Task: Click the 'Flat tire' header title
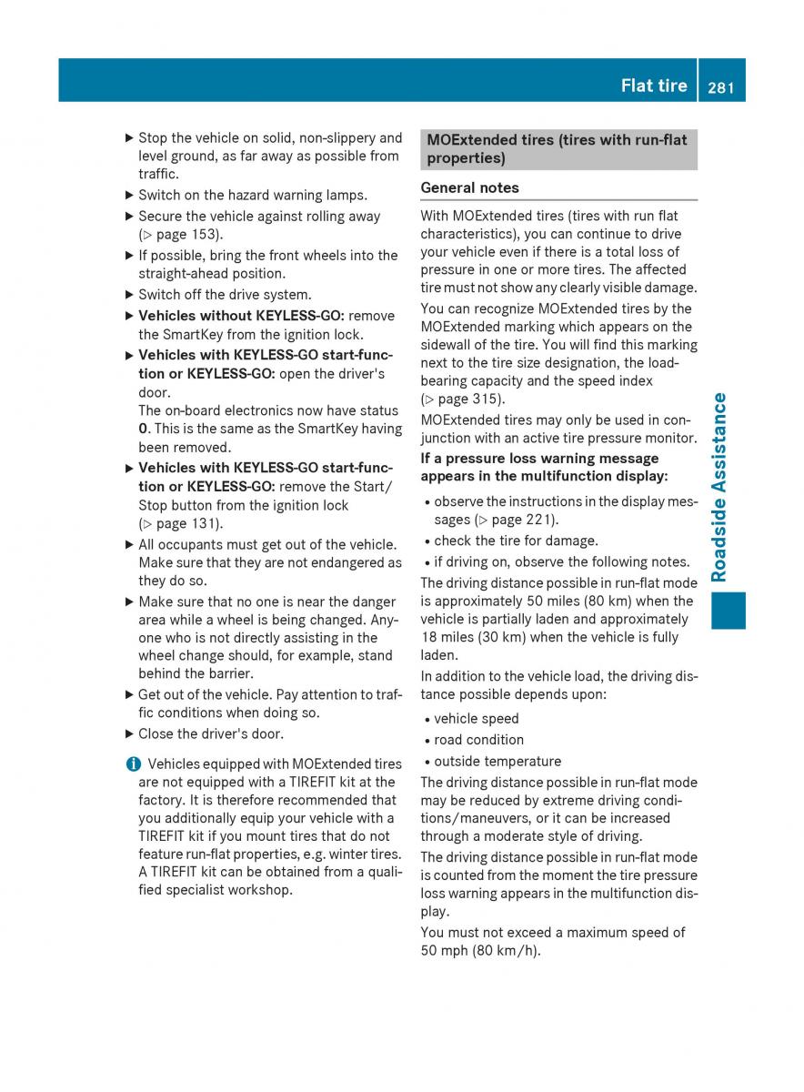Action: click(653, 86)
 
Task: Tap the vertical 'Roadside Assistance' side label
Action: click(719, 487)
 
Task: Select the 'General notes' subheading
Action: click(469, 188)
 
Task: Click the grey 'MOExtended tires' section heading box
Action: click(558, 149)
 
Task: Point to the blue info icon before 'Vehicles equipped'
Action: click(134, 764)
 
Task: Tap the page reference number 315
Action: click(487, 399)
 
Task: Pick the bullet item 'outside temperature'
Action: click(497, 762)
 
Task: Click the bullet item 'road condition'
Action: click(478, 741)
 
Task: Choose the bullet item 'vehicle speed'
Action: click(476, 719)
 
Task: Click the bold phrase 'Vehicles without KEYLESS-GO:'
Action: click(241, 317)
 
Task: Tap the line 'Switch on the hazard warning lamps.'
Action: click(252, 195)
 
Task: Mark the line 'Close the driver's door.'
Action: click(210, 734)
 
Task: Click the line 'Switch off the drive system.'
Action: click(224, 295)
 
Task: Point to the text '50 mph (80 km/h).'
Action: click(480, 951)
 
